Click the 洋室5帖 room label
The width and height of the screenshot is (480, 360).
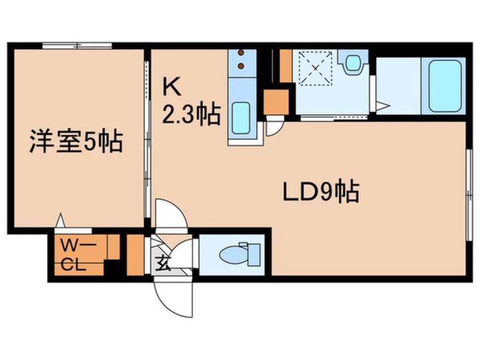click(76, 142)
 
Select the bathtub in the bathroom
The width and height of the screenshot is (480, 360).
click(444, 86)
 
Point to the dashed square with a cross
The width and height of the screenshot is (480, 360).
click(315, 68)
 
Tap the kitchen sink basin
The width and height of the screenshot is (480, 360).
click(241, 117)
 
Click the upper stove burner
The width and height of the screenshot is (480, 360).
click(242, 55)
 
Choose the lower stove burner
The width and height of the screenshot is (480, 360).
click(242, 66)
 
